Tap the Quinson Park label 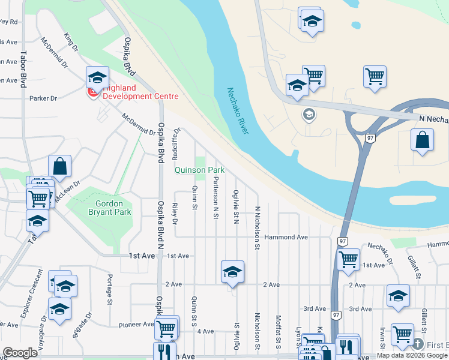click(199, 170)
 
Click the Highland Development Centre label click(140, 92)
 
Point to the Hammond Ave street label click(286, 238)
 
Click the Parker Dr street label click(43, 98)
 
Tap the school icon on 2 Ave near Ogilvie click(232, 272)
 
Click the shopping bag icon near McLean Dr click(60, 166)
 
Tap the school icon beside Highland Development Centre click(97, 77)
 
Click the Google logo click(20, 353)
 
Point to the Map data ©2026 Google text click(411, 355)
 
